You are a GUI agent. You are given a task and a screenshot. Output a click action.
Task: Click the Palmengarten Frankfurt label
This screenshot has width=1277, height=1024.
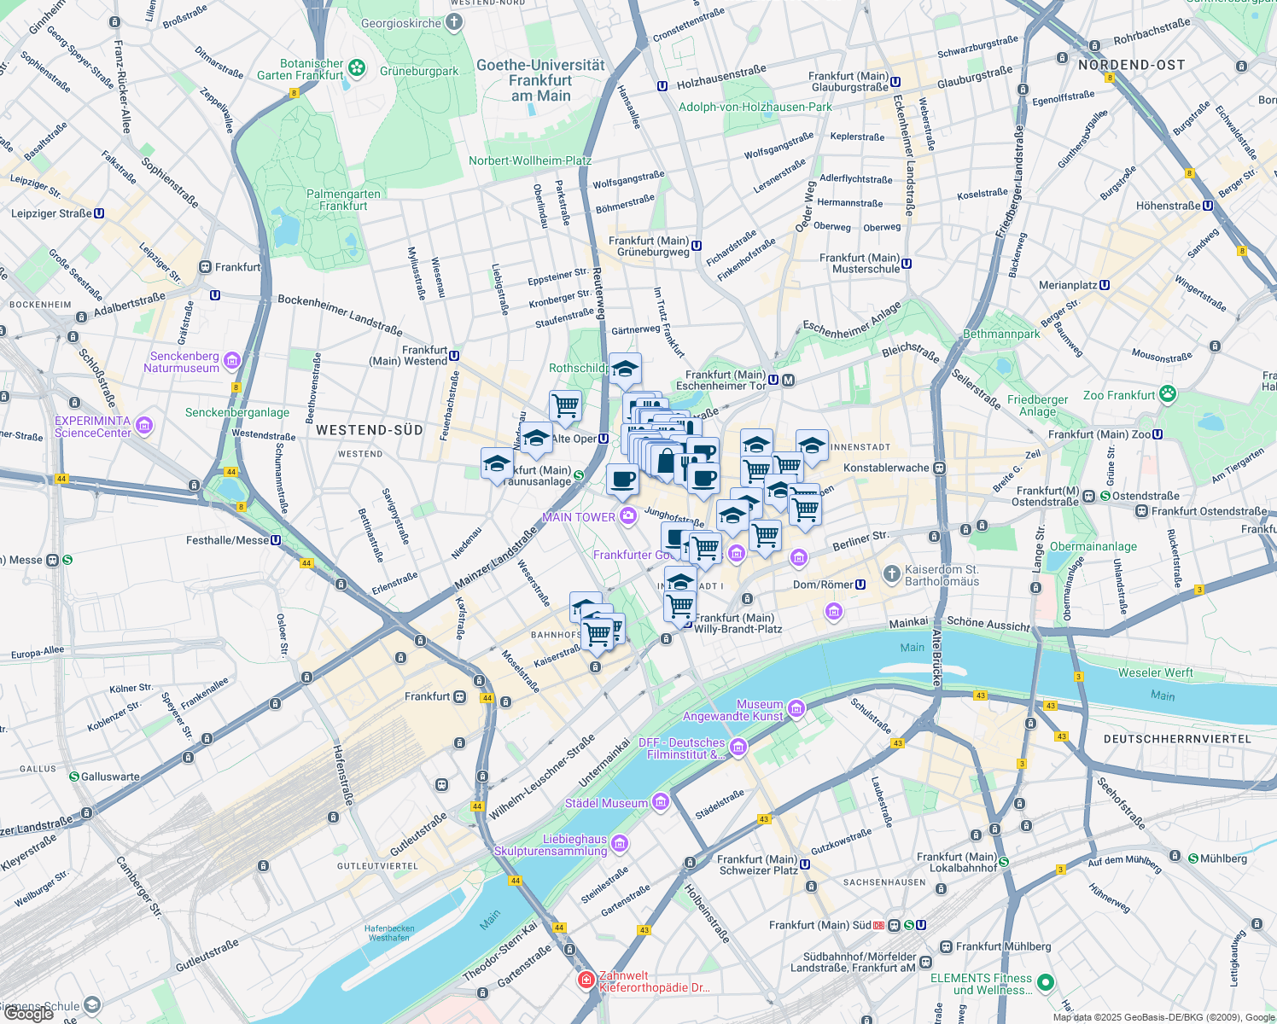click(343, 200)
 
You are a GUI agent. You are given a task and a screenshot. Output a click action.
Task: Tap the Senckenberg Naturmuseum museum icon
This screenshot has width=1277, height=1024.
click(231, 362)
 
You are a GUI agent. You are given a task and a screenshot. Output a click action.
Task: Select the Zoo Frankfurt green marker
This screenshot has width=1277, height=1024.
click(1168, 394)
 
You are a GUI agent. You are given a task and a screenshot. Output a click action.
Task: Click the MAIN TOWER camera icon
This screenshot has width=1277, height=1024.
click(628, 516)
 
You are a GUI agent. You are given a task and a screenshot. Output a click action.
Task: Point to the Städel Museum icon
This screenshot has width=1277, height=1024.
click(660, 802)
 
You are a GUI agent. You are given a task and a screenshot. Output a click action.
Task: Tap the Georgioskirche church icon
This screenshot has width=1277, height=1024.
click(453, 23)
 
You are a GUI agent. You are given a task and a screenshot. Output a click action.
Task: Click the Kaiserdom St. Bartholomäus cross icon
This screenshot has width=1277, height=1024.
click(892, 574)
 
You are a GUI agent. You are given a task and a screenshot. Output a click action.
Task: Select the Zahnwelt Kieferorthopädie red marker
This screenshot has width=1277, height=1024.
click(586, 980)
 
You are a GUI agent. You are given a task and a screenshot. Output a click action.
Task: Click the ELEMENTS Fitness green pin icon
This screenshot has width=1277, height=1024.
click(1046, 983)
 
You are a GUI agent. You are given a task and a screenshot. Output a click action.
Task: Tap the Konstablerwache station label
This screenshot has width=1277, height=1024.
click(886, 468)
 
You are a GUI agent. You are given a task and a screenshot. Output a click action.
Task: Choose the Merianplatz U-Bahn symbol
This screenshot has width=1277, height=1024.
click(1105, 285)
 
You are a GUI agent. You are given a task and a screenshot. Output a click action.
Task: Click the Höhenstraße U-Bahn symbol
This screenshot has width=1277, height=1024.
click(1208, 206)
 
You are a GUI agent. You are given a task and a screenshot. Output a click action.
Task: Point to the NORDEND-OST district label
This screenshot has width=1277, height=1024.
click(1131, 65)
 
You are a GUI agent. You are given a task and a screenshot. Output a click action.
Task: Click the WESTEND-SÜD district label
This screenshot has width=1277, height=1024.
click(370, 430)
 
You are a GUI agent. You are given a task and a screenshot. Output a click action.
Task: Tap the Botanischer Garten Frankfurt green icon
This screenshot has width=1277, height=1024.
click(357, 67)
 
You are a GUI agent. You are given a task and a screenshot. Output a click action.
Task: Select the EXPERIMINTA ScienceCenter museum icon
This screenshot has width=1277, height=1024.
click(143, 426)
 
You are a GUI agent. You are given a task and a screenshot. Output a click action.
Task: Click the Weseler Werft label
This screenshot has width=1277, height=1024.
click(1155, 672)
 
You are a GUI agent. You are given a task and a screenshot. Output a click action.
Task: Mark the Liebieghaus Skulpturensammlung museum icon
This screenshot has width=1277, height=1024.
click(620, 844)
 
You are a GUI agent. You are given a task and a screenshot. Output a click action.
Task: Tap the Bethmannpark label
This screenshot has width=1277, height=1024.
click(1001, 334)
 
